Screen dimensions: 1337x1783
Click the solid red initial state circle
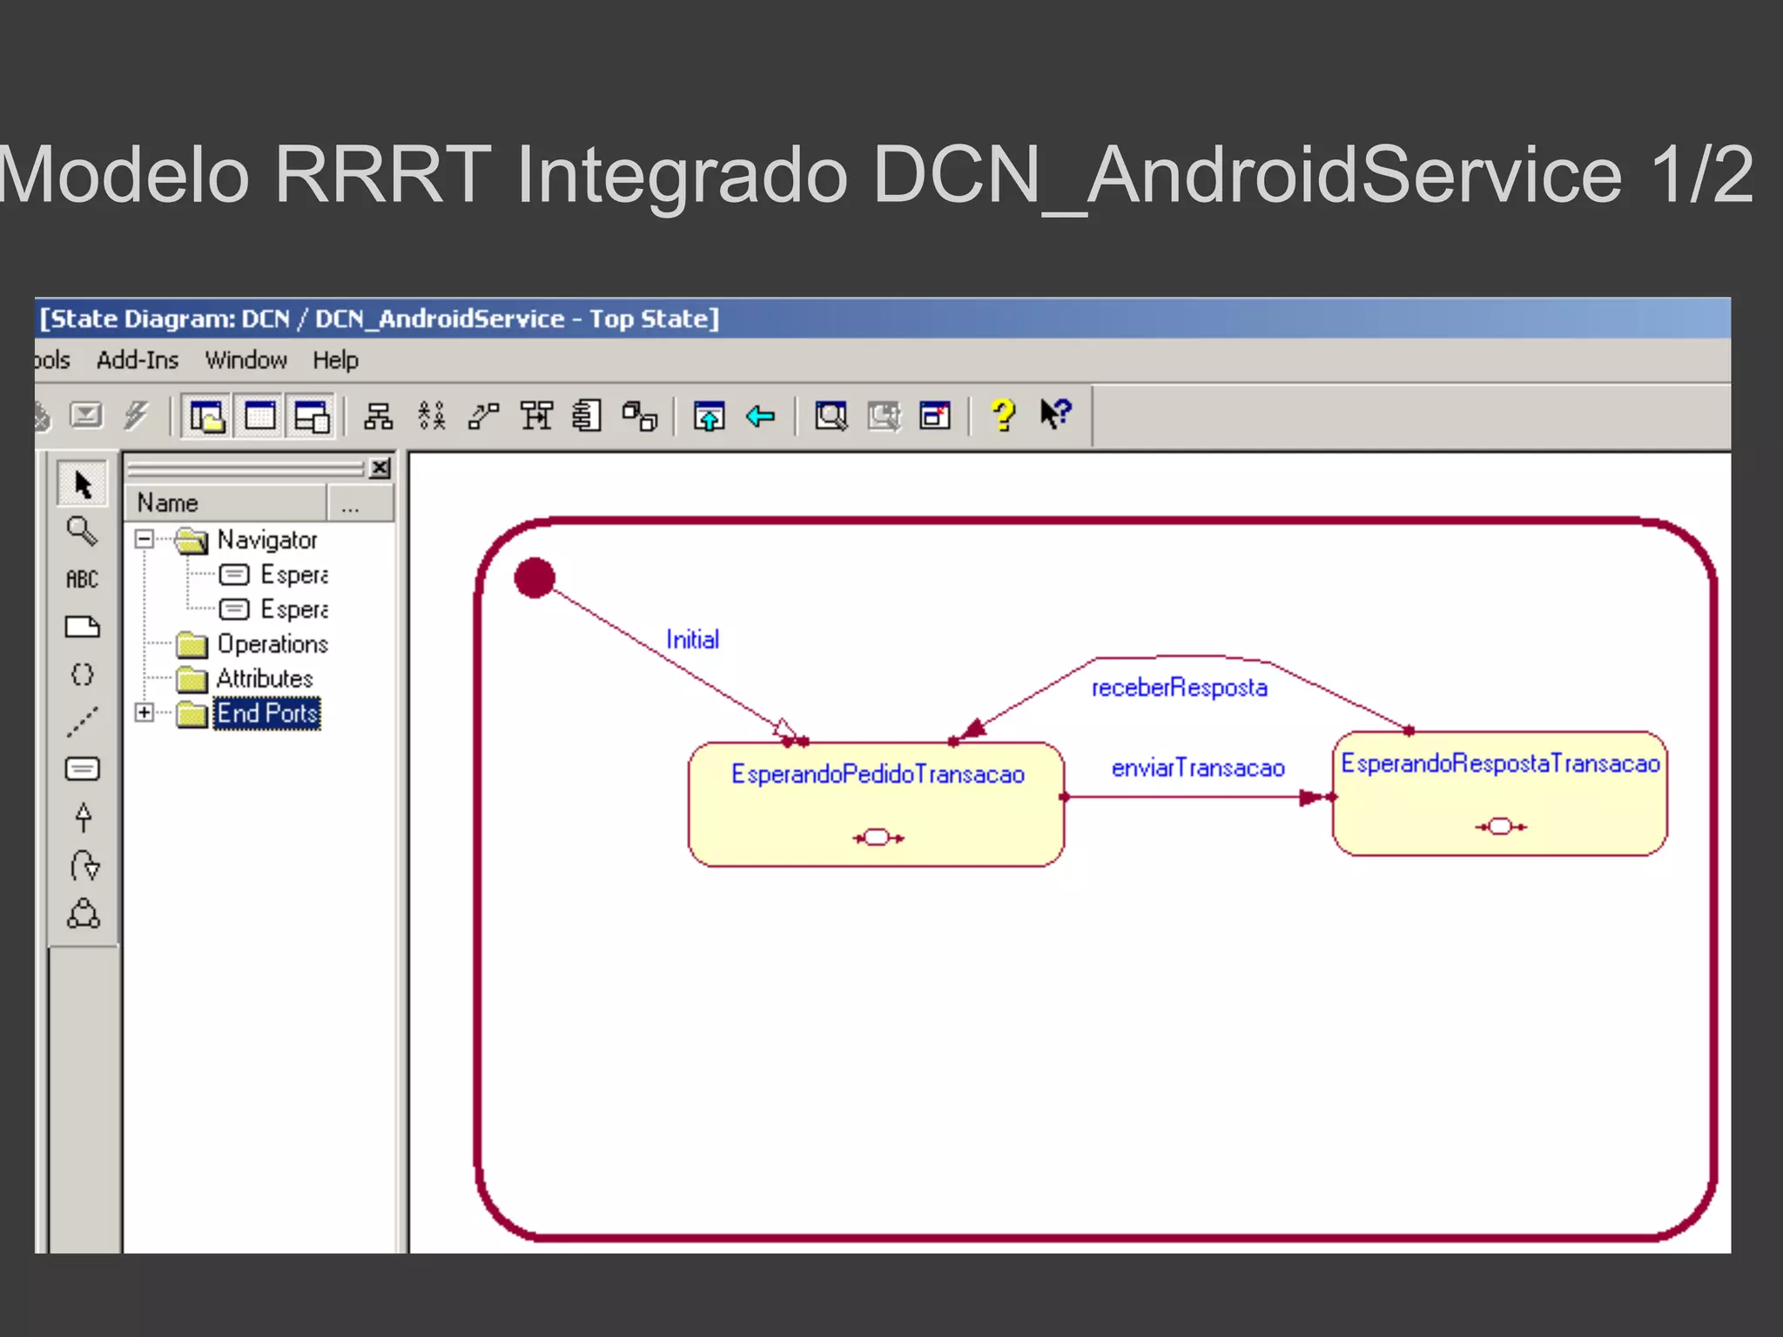click(535, 578)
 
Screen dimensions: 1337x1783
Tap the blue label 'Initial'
click(692, 640)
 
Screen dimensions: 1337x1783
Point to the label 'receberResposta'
click(1179, 688)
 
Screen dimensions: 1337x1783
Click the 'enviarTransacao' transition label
click(1198, 768)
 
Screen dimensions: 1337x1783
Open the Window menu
click(246, 360)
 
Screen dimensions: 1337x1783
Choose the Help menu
click(335, 360)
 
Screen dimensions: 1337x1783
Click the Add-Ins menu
click(138, 360)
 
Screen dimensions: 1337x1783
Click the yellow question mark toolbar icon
click(1003, 415)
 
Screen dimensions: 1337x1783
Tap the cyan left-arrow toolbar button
click(760, 416)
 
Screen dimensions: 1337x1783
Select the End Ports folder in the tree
click(266, 714)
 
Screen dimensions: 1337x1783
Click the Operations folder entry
click(272, 644)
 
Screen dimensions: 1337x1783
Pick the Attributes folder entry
click(264, 679)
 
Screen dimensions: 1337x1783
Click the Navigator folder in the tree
click(266, 541)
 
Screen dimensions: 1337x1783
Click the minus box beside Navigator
click(145, 540)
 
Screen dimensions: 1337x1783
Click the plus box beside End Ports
click(145, 713)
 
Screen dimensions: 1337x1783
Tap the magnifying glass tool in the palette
click(82, 530)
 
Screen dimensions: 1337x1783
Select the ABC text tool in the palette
click(82, 579)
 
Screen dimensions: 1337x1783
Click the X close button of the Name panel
click(380, 468)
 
